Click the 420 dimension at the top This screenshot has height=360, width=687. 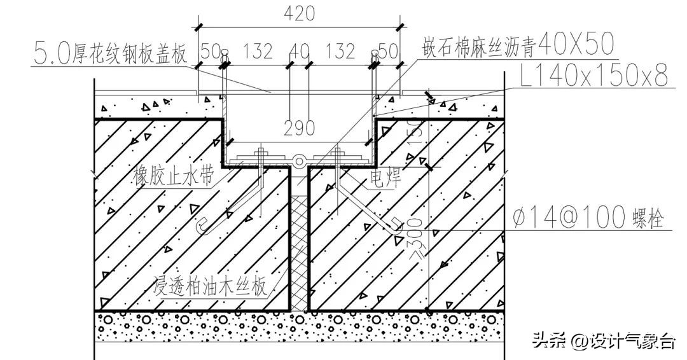click(x=298, y=13)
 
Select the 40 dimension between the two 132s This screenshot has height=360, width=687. click(x=300, y=51)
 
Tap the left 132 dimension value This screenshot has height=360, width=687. click(x=258, y=51)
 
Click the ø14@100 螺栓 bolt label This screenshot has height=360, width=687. click(x=588, y=219)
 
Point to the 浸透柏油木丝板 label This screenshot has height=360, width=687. click(x=210, y=287)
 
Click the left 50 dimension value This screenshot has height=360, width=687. click(x=209, y=51)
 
